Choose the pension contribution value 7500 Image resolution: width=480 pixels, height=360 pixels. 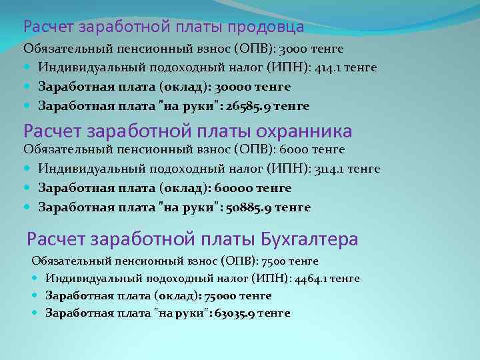281,260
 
